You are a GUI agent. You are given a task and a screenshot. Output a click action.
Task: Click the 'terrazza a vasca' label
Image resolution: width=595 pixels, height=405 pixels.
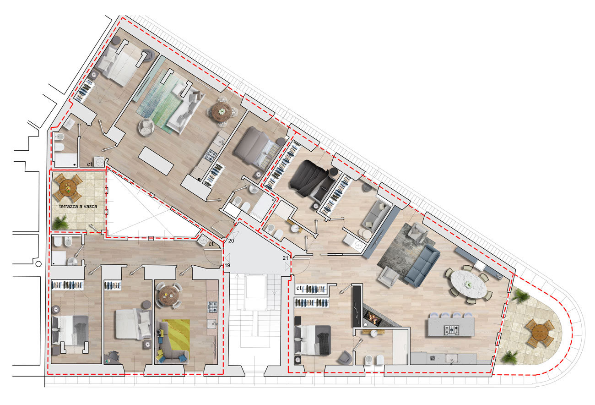78,206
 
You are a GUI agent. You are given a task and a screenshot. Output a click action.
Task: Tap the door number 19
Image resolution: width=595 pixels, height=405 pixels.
227,265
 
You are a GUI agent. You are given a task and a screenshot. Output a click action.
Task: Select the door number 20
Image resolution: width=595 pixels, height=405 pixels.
231,241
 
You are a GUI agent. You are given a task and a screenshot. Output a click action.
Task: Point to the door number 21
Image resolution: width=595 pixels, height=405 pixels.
285,258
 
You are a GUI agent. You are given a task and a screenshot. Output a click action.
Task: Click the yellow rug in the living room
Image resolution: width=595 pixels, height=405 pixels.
176,335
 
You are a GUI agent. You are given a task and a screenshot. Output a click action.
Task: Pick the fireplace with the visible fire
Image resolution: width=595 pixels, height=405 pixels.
373,317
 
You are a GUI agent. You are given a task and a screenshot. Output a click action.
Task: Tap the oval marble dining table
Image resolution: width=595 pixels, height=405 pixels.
469,285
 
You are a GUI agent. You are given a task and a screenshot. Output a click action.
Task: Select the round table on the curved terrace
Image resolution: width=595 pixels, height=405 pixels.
541,333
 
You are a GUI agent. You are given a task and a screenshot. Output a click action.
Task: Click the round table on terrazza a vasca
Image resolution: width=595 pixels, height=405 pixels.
68,187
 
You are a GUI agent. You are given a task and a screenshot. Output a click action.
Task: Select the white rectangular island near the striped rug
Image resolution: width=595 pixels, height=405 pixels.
156,161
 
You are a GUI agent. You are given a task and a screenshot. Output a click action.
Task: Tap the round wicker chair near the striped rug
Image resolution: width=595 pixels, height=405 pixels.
146,127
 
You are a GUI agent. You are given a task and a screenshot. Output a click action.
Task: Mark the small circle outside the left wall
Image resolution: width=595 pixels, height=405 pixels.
38,264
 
